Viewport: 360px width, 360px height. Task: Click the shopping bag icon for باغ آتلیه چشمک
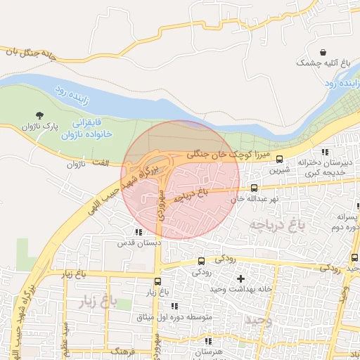click(323, 53)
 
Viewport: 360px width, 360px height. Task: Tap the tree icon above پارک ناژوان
click(39, 115)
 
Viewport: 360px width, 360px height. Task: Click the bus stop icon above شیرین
click(280, 159)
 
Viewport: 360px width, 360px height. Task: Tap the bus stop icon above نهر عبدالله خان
click(254, 188)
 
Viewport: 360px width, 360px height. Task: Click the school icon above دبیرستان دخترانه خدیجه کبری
click(324, 152)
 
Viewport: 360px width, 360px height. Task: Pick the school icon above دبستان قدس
click(138, 231)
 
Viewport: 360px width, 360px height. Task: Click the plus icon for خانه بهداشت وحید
click(241, 278)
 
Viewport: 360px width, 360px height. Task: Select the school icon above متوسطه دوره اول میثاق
click(174, 306)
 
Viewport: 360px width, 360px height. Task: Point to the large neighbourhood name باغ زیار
click(88, 302)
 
